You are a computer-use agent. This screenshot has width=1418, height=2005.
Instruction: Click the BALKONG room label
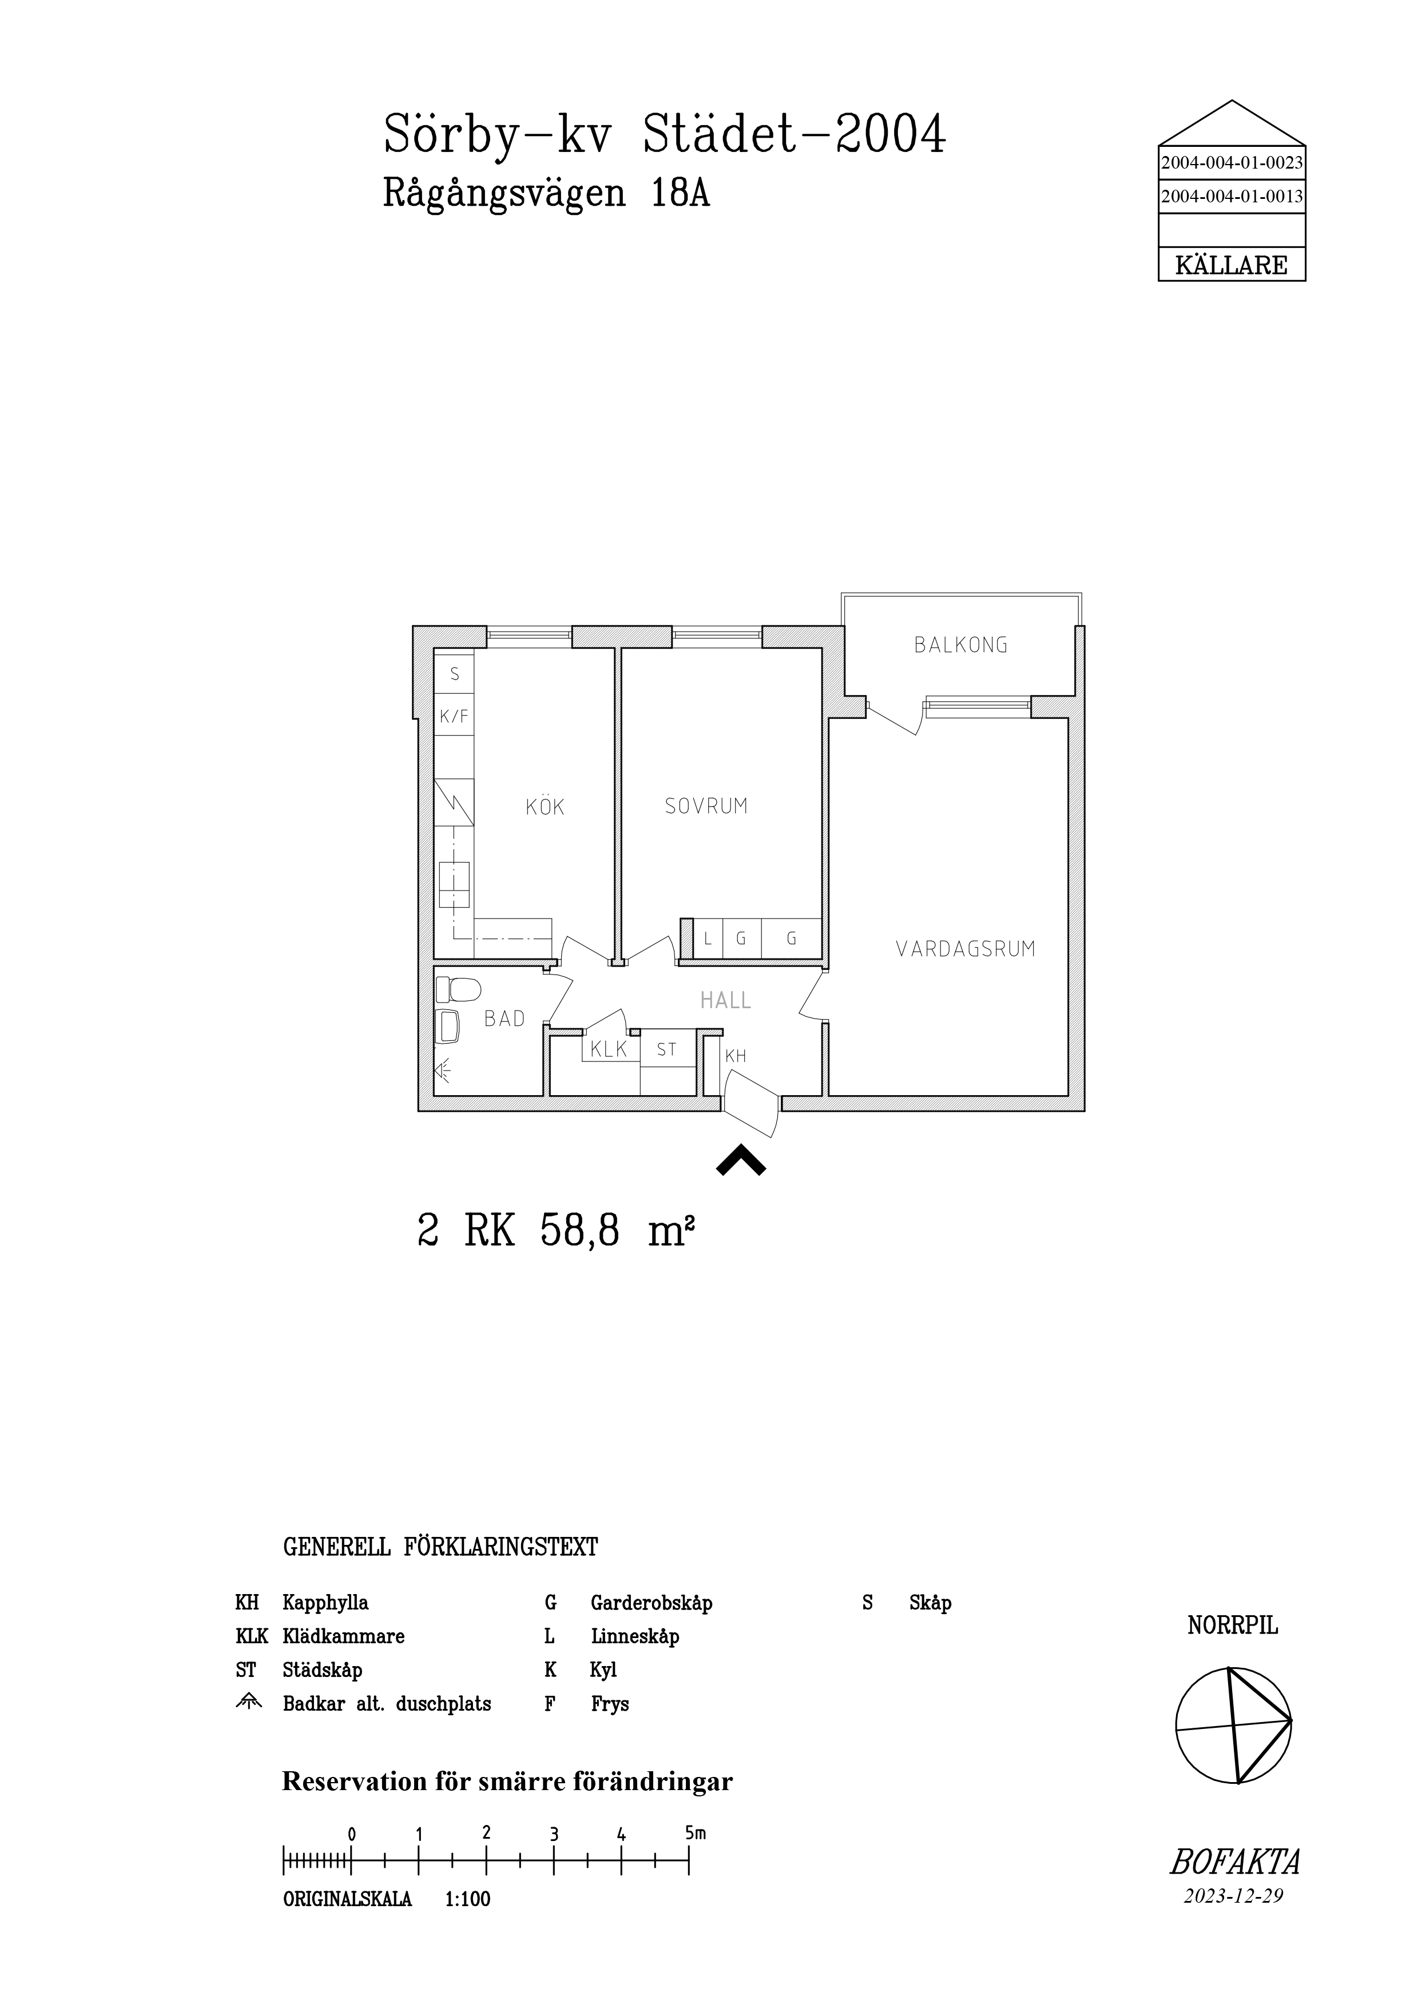(960, 645)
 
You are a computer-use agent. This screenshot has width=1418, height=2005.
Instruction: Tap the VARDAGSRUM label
(966, 948)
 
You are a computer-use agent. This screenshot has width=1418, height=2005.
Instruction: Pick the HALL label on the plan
(726, 1000)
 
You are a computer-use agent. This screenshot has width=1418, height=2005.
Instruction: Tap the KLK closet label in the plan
(609, 1049)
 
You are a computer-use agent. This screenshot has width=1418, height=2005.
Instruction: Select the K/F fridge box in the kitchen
(454, 717)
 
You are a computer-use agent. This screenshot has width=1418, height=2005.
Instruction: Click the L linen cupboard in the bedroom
(707, 938)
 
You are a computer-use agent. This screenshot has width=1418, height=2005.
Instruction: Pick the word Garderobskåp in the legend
(652, 1603)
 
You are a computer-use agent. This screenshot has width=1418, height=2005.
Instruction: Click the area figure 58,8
(580, 1231)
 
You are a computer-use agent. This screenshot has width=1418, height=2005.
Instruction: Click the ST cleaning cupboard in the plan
(666, 1049)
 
